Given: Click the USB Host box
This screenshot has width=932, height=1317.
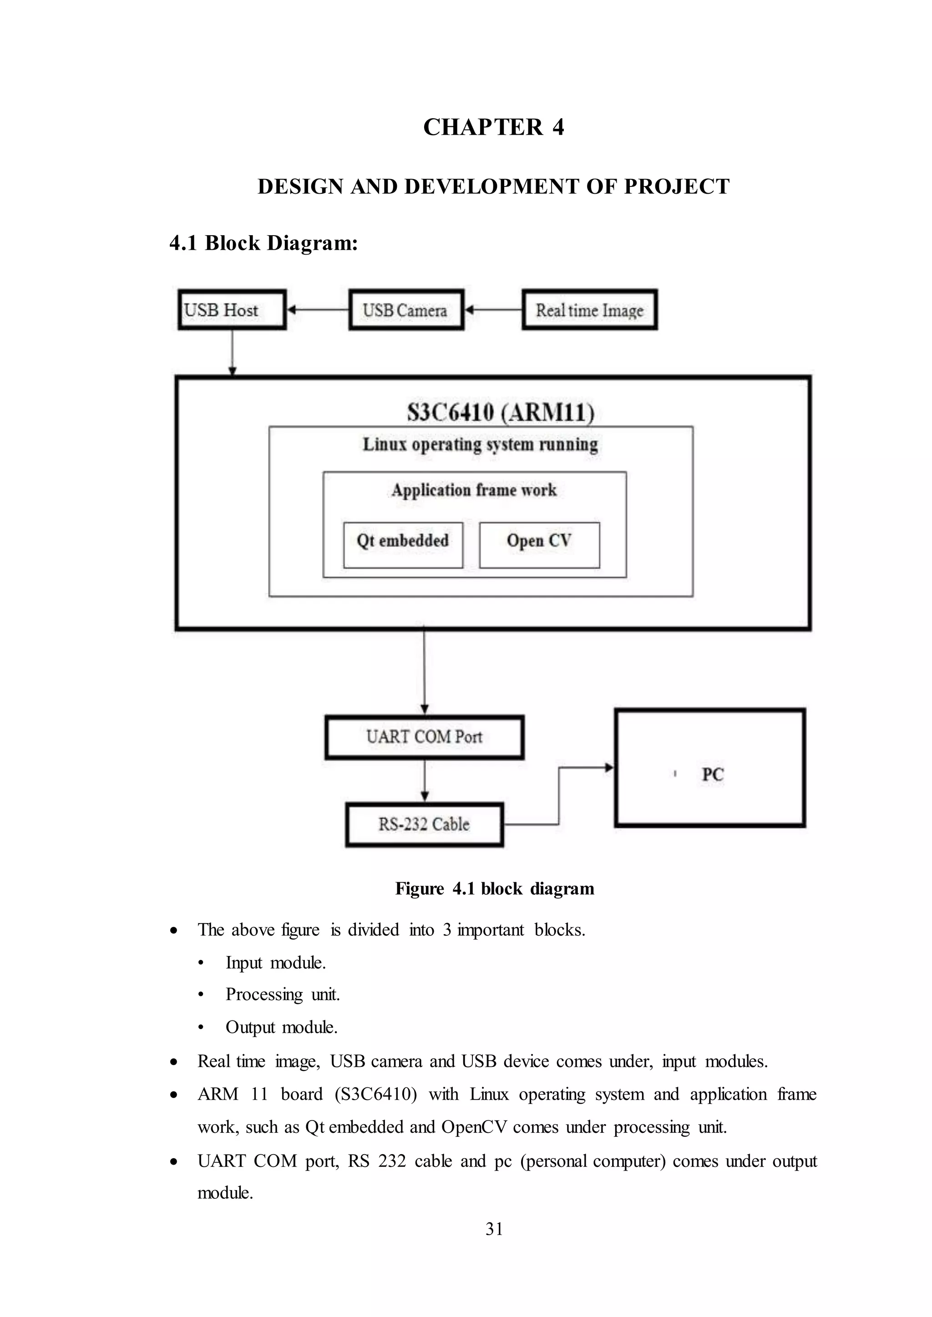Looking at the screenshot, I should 232,310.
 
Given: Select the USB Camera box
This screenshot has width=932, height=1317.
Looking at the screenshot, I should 406,310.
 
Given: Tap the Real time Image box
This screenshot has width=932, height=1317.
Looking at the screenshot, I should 589,310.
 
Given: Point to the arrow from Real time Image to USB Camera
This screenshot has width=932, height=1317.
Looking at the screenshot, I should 493,310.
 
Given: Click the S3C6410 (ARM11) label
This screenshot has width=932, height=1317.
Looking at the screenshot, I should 500,412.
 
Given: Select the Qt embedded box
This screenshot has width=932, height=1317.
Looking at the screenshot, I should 403,544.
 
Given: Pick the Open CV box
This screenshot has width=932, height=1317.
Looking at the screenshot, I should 539,544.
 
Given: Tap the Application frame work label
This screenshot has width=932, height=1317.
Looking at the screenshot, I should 474,490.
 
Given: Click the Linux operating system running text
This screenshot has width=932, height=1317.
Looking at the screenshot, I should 481,445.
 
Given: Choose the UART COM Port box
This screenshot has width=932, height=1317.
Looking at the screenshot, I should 424,737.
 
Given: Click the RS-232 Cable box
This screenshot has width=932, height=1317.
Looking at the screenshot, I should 424,824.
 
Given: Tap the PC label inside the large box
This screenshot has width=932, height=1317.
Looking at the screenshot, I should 712,774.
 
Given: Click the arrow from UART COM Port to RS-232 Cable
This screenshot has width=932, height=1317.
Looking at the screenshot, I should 424,781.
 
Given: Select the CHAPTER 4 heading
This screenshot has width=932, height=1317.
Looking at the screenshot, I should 494,127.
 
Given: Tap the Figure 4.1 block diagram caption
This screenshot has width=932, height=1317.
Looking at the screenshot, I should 494,889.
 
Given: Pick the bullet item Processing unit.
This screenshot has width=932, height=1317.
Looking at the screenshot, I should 282,994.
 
